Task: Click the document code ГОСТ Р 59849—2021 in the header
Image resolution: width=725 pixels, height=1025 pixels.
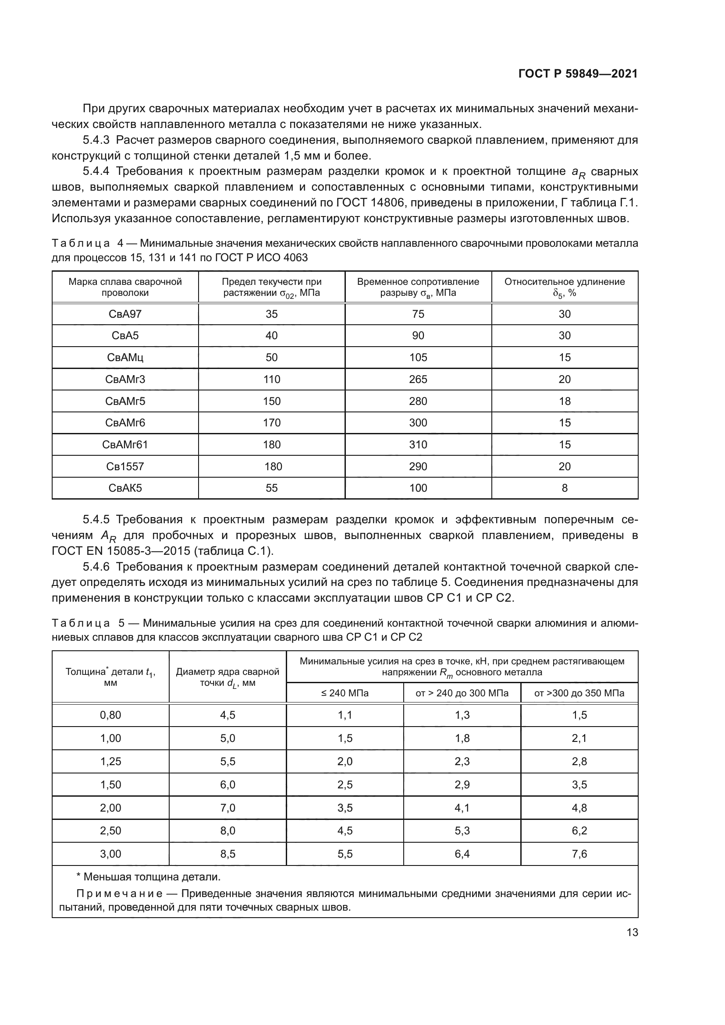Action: pyautogui.click(x=578, y=74)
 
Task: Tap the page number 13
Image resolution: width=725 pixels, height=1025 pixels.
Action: pyautogui.click(x=632, y=932)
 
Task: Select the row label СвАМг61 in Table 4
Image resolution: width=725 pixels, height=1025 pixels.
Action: pyautogui.click(x=125, y=445)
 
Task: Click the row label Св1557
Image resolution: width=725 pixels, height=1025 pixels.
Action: pyautogui.click(x=125, y=467)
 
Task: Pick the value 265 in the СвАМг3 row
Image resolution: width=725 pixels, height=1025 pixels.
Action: pyautogui.click(x=418, y=379)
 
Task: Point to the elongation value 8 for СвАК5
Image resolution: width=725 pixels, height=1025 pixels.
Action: pyautogui.click(x=564, y=488)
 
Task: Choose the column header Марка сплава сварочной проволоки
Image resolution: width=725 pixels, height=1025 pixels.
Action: pyautogui.click(x=125, y=287)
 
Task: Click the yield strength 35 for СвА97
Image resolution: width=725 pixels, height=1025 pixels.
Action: pyautogui.click(x=271, y=314)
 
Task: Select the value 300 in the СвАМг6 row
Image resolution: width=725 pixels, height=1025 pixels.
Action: pyautogui.click(x=418, y=423)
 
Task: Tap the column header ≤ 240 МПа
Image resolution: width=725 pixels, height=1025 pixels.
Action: pyautogui.click(x=345, y=693)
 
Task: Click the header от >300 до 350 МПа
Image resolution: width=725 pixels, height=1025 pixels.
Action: pyautogui.click(x=579, y=693)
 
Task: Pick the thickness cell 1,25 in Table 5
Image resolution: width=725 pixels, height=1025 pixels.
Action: pyautogui.click(x=110, y=762)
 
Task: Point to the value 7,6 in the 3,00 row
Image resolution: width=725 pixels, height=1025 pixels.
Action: pyautogui.click(x=579, y=854)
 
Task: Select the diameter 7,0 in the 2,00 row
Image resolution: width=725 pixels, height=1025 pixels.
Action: pyautogui.click(x=227, y=808)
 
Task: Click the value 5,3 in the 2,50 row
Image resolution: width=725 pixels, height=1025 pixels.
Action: pyautogui.click(x=462, y=831)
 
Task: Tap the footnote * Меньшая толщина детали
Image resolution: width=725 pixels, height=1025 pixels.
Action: pyautogui.click(x=149, y=877)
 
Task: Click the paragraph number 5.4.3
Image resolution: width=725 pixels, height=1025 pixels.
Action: pyautogui.click(x=96, y=140)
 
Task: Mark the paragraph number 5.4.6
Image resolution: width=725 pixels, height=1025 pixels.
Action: pyautogui.click(x=96, y=567)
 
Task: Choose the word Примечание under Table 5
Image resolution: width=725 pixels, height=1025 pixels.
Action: pyautogui.click(x=119, y=893)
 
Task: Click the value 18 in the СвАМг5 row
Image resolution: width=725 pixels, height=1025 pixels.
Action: pyautogui.click(x=564, y=401)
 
